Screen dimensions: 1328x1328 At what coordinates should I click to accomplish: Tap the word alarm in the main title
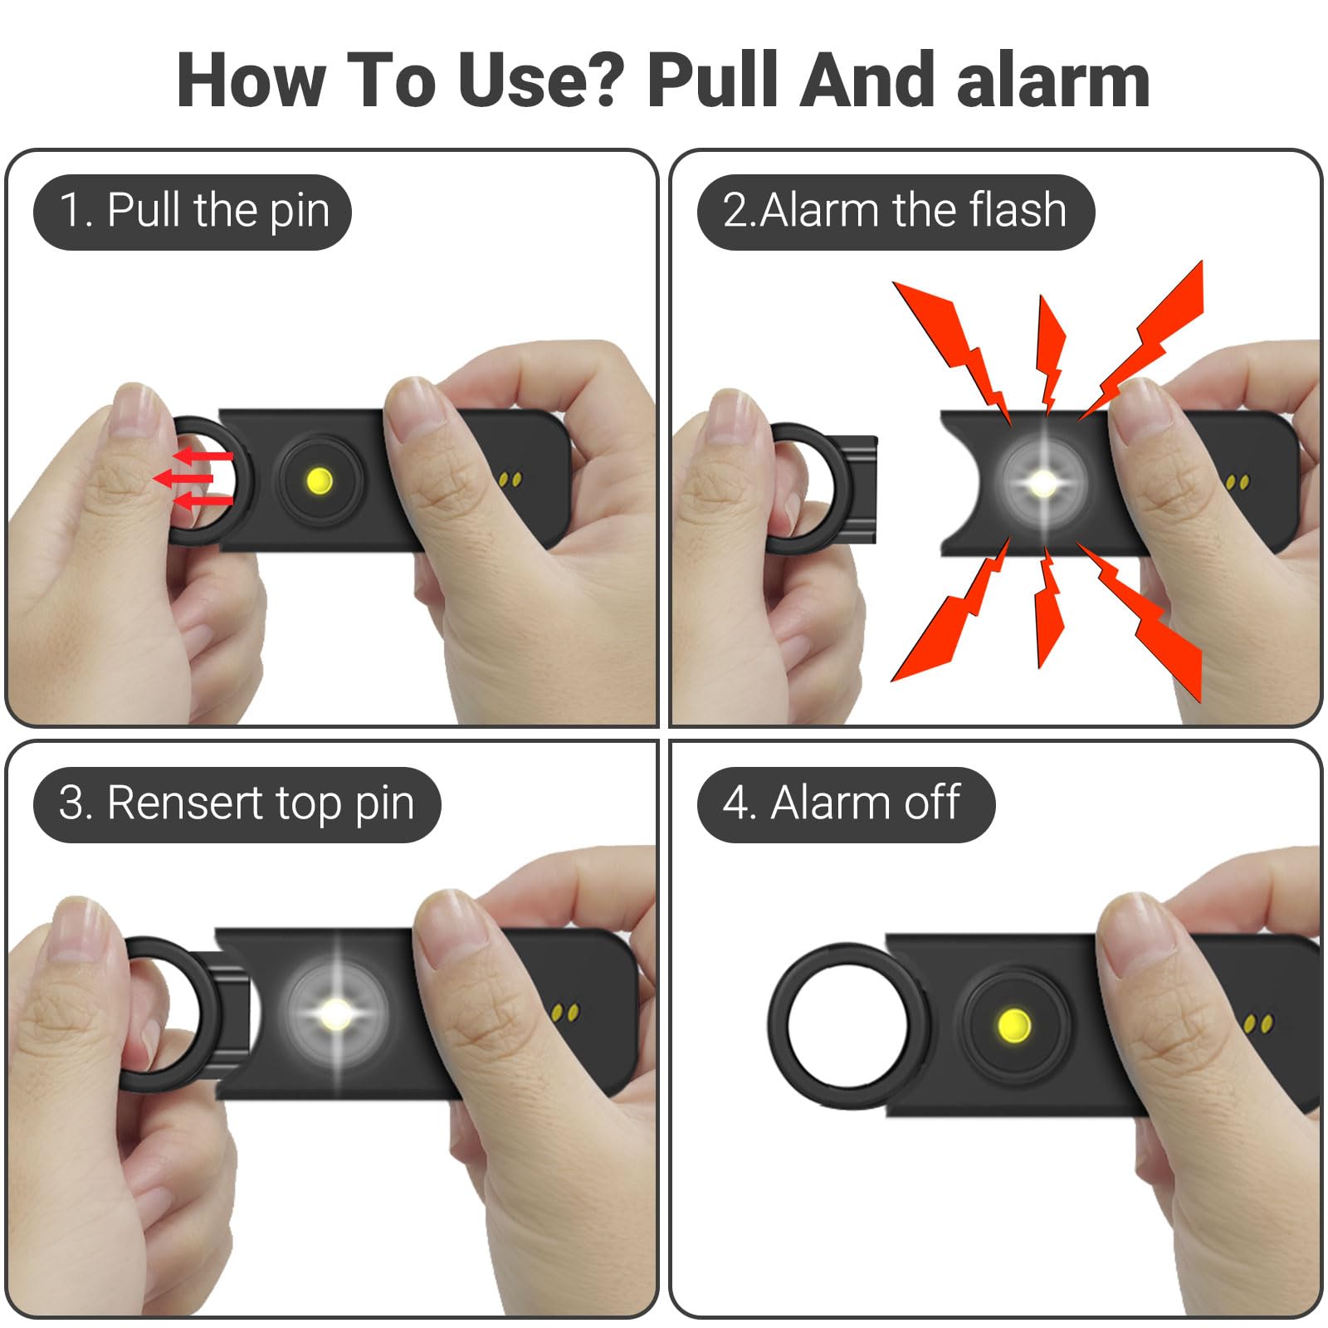coord(1052,81)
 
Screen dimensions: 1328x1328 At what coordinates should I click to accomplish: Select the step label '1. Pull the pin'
coord(193,211)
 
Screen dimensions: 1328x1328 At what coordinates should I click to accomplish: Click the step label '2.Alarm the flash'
coord(895,211)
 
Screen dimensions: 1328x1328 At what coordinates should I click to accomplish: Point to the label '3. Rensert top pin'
coord(237,803)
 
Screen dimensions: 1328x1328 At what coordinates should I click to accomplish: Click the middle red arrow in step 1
coord(184,478)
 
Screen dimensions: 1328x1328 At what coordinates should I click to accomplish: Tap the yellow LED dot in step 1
coord(320,480)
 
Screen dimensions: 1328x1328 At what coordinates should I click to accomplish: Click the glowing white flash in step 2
coord(1042,483)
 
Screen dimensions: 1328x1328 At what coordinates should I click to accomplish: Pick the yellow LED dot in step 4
coord(1013,1025)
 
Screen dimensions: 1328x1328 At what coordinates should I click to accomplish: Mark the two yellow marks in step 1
coord(511,480)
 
